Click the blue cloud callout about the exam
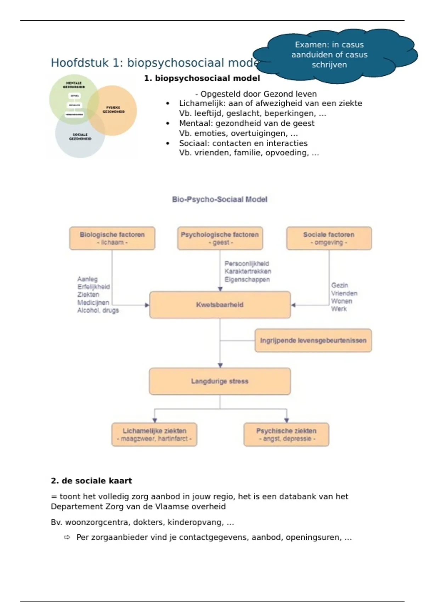pos(329,55)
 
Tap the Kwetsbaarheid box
pos(220,305)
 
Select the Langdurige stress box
pos(220,381)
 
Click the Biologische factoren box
pos(112,238)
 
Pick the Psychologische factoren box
pos(220,238)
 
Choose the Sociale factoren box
pos(329,238)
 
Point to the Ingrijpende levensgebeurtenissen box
pos(313,341)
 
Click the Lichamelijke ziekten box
pos(154,435)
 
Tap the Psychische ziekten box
pos(286,435)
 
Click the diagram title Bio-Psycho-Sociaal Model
pos(220,199)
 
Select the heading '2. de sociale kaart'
pos(91,481)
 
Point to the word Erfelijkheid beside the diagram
pos(93,287)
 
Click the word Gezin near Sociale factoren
pos(340,285)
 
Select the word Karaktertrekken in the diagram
pos(248,272)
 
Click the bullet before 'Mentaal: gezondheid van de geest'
pos(168,124)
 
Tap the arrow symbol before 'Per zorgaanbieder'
pos(67,538)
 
